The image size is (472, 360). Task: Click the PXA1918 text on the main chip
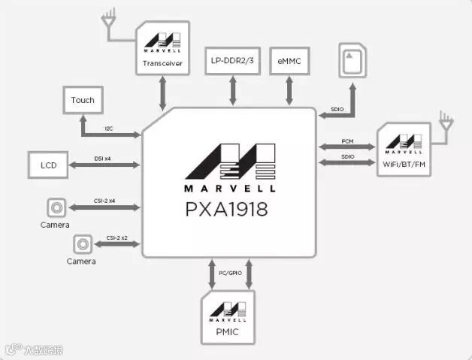pyautogui.click(x=226, y=208)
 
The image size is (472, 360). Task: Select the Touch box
pyautogui.click(x=83, y=100)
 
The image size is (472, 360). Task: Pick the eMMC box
pyautogui.click(x=289, y=59)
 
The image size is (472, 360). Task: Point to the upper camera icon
pyautogui.click(x=55, y=207)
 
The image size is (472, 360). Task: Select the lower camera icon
pyautogui.click(x=82, y=243)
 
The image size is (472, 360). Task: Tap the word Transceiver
pyautogui.click(x=163, y=63)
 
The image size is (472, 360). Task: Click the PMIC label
pyautogui.click(x=228, y=331)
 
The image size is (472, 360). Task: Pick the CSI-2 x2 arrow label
pyautogui.click(x=117, y=237)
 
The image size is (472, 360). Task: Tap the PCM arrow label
pyautogui.click(x=346, y=141)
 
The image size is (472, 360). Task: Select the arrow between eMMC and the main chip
pyautogui.click(x=289, y=90)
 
